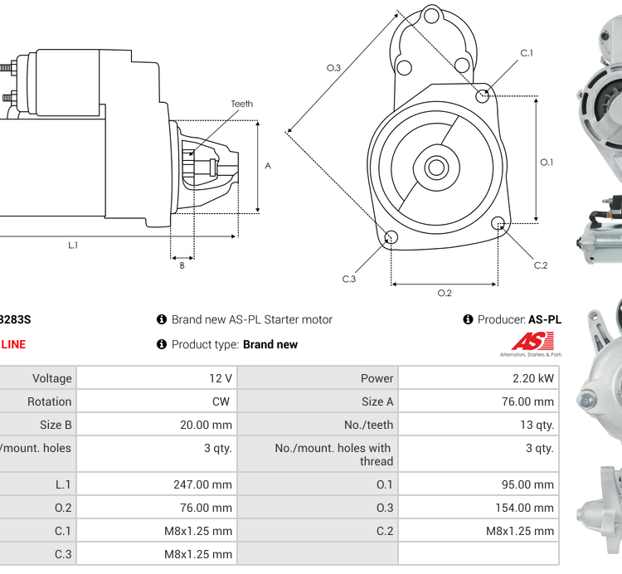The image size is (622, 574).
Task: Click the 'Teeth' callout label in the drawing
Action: [x=241, y=104]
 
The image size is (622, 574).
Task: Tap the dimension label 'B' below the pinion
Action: [x=182, y=265]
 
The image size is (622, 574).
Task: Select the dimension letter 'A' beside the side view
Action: [x=268, y=166]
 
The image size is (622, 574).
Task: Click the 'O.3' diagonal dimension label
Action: [x=333, y=68]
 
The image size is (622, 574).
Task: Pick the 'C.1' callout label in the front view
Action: [x=527, y=53]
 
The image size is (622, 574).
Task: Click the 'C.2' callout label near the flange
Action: [x=541, y=265]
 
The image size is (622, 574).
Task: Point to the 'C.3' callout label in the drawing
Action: [x=348, y=279]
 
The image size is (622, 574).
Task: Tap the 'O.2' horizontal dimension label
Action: [x=445, y=293]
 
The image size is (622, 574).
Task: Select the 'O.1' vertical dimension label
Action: [x=547, y=162]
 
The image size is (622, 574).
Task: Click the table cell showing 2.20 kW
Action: [x=477, y=378]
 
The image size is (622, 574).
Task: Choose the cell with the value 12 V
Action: [x=157, y=378]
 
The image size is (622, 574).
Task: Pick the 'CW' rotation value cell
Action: [x=157, y=401]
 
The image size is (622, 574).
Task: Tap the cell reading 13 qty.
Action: [x=477, y=425]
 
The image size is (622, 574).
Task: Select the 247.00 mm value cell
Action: [x=157, y=484]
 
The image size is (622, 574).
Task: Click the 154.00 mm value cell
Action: [x=477, y=508]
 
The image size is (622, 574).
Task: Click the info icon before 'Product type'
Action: [x=162, y=344]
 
